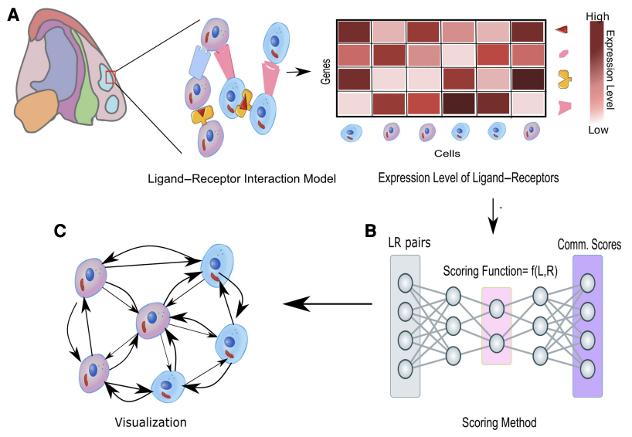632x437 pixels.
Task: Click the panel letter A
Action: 12,15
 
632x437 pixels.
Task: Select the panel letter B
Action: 371,229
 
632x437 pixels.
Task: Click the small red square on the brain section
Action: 111,73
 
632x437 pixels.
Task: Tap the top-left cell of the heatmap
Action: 354,31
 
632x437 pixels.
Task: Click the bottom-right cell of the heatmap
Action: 530,104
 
